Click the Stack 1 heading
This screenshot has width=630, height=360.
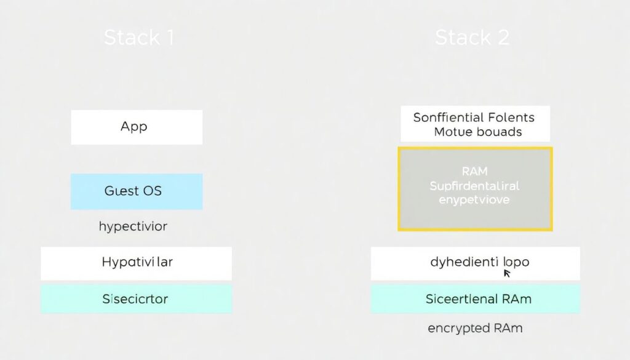point(139,38)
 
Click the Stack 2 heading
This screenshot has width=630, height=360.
point(472,38)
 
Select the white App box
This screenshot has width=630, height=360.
point(137,127)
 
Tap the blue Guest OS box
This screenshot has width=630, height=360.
point(137,191)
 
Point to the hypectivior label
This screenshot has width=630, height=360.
point(133,226)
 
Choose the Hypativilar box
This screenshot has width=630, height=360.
point(137,263)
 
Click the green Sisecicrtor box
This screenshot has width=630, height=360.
point(137,299)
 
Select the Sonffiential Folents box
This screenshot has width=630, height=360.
point(474,124)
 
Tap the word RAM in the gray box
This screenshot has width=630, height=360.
point(474,171)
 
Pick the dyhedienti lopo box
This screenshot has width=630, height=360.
point(475,263)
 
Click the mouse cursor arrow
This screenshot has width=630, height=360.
point(506,273)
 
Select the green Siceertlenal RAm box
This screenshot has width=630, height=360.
point(475,299)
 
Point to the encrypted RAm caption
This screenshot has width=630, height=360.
point(475,328)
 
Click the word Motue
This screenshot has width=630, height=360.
point(452,132)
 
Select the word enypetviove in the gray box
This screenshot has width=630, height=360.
point(474,199)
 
